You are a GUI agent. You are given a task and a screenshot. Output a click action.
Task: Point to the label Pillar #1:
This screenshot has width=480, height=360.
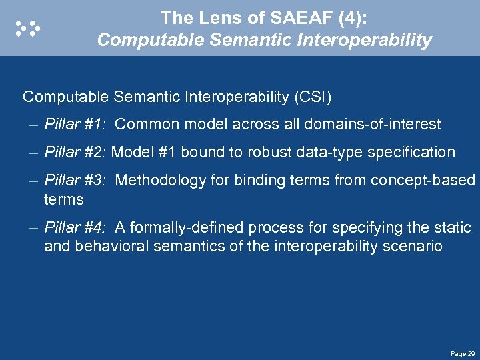[x=75, y=123]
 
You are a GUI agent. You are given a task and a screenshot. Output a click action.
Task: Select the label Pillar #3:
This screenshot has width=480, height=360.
[x=75, y=180]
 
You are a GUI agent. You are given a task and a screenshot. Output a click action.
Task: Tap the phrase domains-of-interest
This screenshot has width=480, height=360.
[x=372, y=123]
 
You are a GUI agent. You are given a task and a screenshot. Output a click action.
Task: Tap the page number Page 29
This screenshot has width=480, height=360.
[x=463, y=353]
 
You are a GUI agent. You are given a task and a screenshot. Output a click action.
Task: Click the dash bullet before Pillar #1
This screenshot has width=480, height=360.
[x=34, y=124]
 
